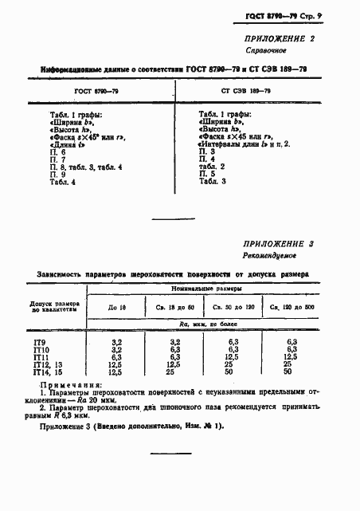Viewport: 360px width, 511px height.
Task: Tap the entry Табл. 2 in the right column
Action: point(211,166)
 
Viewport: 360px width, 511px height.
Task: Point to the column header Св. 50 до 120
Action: point(233,308)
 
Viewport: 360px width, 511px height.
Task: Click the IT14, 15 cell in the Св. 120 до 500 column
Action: point(288,371)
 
